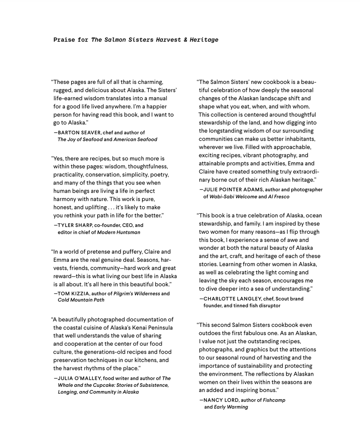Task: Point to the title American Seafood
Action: pyautogui.click(x=135, y=139)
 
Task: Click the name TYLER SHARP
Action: pyautogui.click(x=74, y=225)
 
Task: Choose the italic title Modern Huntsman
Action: pyautogui.click(x=119, y=232)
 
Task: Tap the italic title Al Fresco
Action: pyautogui.click(x=278, y=197)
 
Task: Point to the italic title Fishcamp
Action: pyautogui.click(x=274, y=400)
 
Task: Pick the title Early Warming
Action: pyautogui.click(x=231, y=407)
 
